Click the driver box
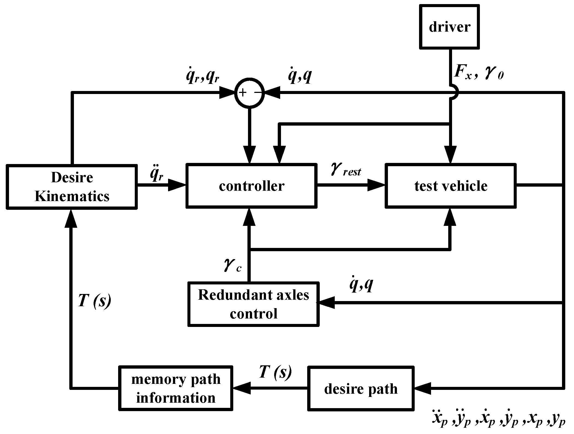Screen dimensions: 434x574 pos(449,27)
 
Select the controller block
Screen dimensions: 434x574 pos(251,186)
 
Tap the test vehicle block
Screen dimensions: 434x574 pos(450,186)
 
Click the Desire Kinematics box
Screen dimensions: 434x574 pos(72,187)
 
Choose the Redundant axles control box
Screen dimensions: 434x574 pos(253,304)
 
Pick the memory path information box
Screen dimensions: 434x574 pos(176,388)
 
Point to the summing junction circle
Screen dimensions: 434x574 pos(250,93)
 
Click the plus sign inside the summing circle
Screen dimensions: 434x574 pos(243,93)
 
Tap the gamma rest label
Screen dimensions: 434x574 pos(346,170)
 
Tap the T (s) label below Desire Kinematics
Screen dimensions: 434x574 pos(94,301)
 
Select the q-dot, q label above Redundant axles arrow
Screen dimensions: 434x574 pos(361,285)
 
